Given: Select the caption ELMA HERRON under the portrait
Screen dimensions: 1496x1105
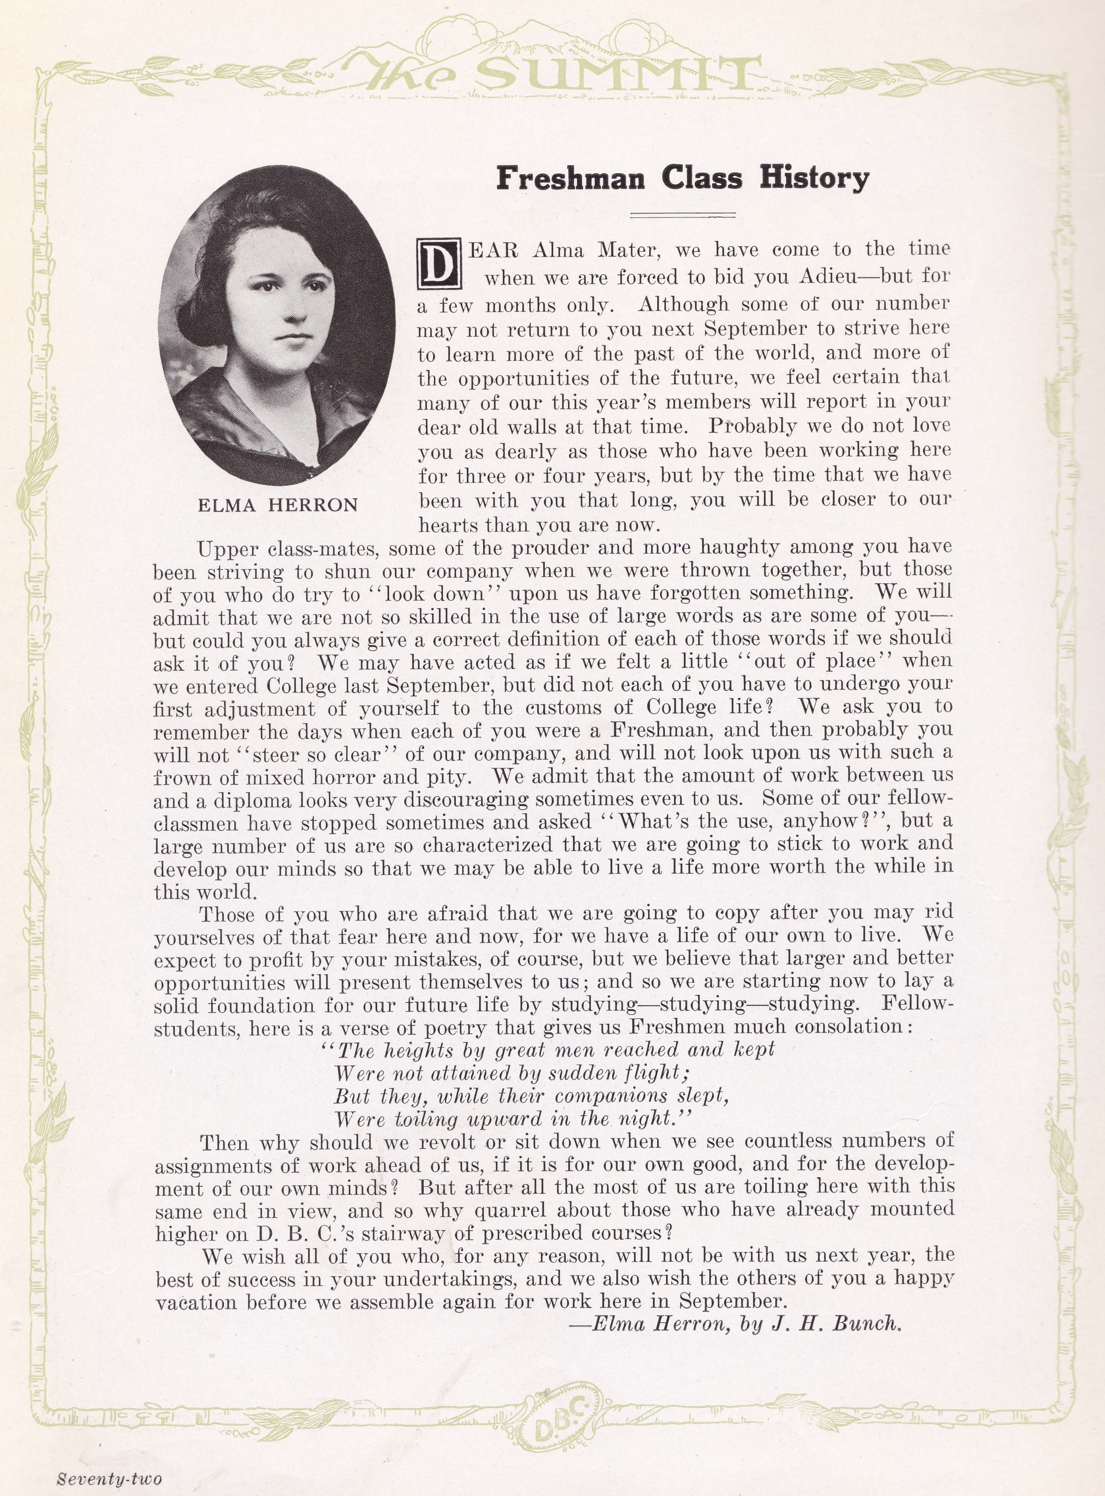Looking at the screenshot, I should pos(278,505).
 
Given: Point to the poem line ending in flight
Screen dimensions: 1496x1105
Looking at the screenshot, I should pos(512,1073).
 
